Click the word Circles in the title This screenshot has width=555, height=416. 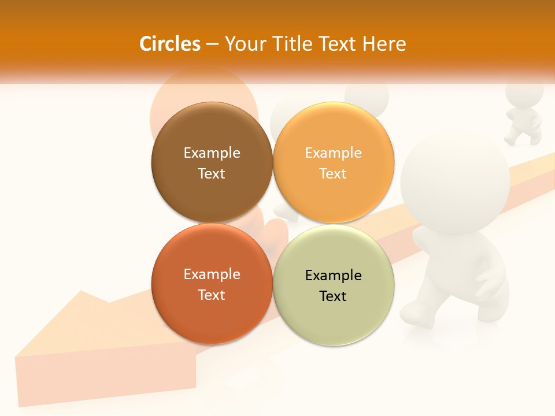(170, 44)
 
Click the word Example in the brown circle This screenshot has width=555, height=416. (212, 153)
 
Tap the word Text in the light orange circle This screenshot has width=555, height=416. (333, 173)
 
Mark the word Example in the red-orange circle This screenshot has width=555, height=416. (212, 274)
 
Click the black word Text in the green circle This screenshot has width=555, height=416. (333, 296)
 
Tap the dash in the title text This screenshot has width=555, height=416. (212, 44)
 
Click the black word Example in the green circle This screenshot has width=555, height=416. (333, 275)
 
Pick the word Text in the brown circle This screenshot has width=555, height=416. (212, 173)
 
